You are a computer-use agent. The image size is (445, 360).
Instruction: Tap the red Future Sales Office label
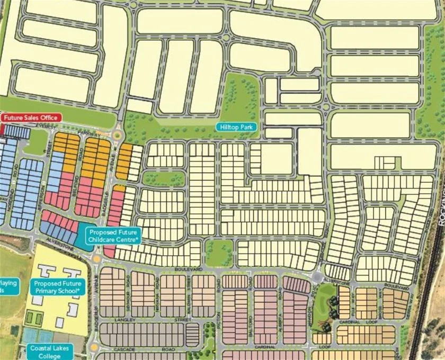pos(31,118)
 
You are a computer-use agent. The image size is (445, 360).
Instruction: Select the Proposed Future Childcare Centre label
pos(114,236)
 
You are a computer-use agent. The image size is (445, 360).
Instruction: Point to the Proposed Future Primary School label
pos(57,287)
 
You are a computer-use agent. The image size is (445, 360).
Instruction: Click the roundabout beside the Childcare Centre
pos(96,258)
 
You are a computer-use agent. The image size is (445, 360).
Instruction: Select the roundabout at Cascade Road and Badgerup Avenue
pos(94,347)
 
